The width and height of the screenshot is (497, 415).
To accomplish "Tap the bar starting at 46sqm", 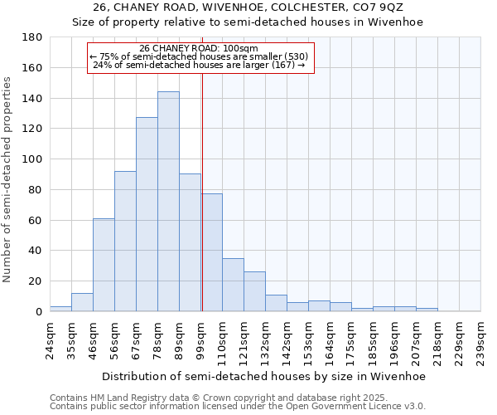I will [104, 265].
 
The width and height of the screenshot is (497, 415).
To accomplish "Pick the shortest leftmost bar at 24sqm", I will [60, 309].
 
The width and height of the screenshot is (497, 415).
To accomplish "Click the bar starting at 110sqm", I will [233, 285].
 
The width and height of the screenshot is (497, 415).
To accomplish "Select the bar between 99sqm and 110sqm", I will [211, 252].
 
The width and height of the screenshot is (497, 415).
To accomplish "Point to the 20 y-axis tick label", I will [36, 281].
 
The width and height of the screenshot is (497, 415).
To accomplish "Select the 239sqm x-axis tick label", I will [481, 336].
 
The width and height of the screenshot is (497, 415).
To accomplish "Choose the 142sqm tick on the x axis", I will [287, 336].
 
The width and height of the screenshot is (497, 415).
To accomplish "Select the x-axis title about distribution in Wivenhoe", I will [264, 376].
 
